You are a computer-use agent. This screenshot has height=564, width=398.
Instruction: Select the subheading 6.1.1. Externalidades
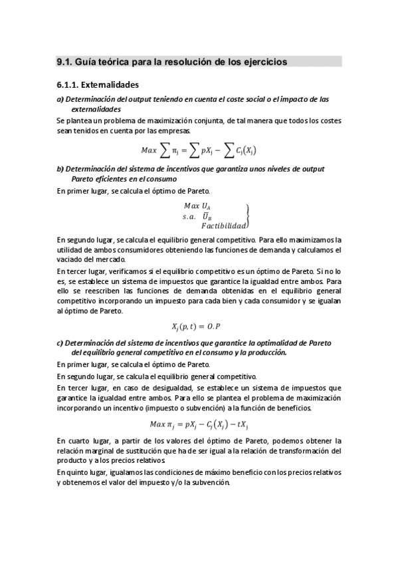98,85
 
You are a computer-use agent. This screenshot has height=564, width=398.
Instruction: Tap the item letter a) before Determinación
60,100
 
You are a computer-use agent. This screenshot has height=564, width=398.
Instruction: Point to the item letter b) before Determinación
60,170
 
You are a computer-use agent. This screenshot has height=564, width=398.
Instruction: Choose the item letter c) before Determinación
60,343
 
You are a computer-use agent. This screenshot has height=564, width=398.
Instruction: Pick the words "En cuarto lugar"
81,441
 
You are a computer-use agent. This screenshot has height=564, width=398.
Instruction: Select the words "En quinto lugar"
82,472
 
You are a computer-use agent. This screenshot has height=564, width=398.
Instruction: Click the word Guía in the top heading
86,61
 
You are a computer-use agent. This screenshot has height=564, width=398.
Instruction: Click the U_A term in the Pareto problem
207,207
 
